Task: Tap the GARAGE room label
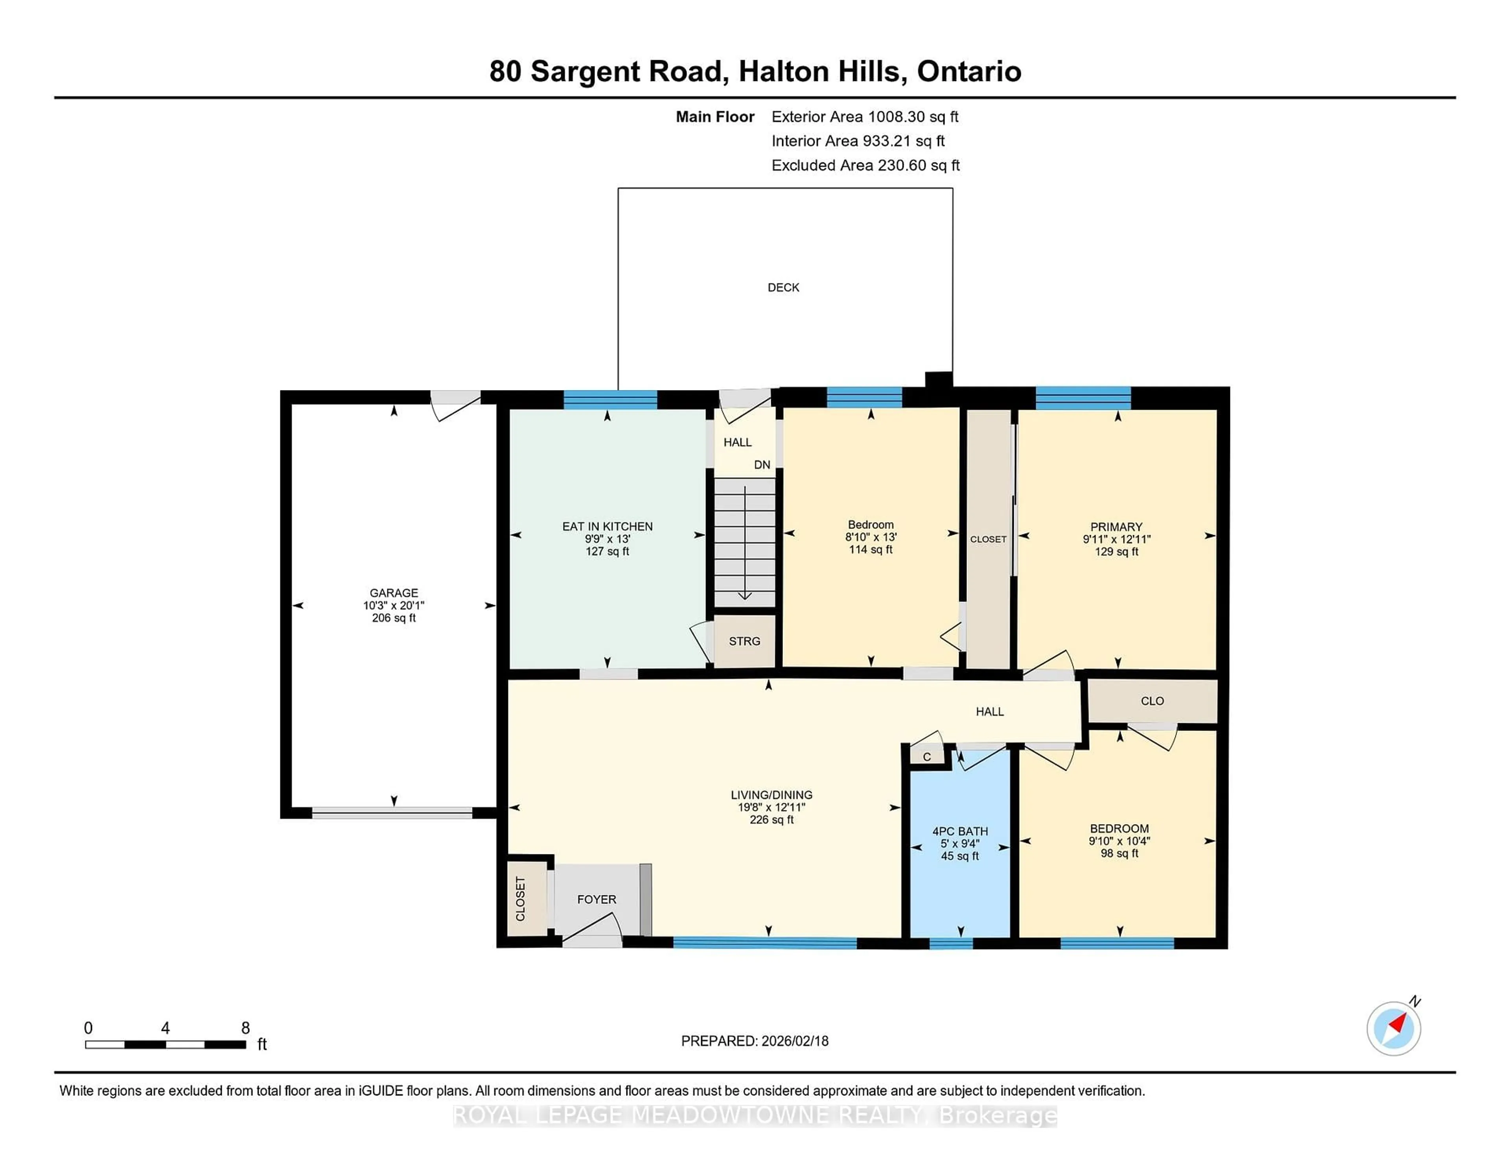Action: pos(393,593)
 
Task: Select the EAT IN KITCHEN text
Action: pos(607,527)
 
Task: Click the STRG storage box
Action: pos(744,642)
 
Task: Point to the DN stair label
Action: pos(762,465)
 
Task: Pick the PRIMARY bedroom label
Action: pos(1116,527)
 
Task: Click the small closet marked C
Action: pos(926,757)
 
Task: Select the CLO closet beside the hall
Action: pos(1152,701)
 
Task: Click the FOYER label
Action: pos(596,900)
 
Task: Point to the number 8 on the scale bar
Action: pos(245,1028)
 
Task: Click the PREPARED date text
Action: pos(754,1041)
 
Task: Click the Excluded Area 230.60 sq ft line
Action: pos(865,165)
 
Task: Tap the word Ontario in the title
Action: pos(969,71)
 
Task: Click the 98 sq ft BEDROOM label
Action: pos(1119,829)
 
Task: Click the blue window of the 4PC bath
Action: pos(951,943)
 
